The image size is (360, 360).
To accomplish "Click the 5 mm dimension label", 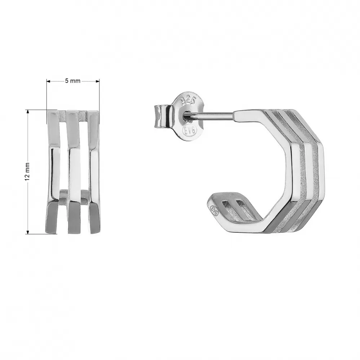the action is pyautogui.click(x=72, y=81).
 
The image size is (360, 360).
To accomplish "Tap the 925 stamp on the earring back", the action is pyautogui.click(x=189, y=100).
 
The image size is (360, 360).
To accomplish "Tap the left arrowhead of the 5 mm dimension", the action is pyautogui.click(x=48, y=81).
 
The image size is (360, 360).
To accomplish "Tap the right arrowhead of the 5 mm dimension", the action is pyautogui.click(x=98, y=81).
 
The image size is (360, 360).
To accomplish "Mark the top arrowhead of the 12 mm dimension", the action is pyautogui.click(x=28, y=111).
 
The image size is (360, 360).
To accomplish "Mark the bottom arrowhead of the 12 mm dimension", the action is pyautogui.click(x=28, y=232).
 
